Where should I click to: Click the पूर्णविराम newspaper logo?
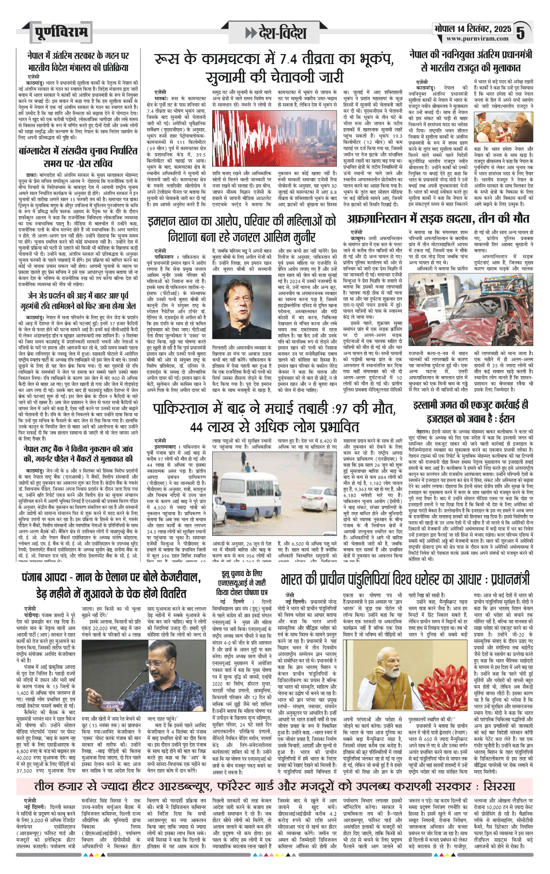[61, 32]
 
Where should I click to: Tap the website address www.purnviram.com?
[477, 39]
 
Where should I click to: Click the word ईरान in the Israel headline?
[506, 419]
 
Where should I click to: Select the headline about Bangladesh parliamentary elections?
[78, 156]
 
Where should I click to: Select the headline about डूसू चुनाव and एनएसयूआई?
[241, 583]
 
